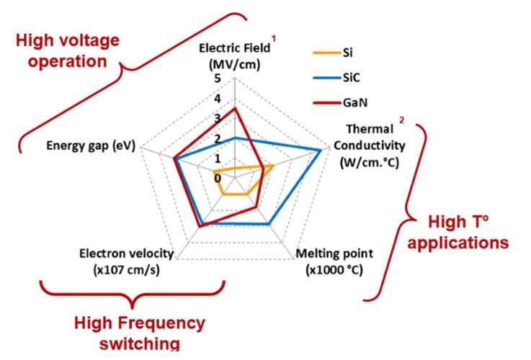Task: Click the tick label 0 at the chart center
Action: pyautogui.click(x=218, y=177)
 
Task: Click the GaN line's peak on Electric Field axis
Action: pyautogui.click(x=235, y=109)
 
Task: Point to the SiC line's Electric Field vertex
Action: pyautogui.click(x=235, y=137)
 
